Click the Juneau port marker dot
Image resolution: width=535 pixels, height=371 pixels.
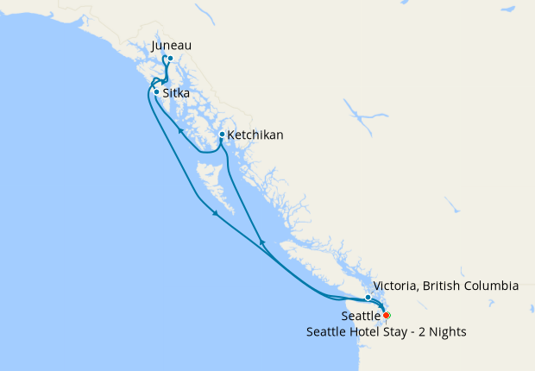pos(170,59)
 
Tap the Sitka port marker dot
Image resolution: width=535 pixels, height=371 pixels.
pos(156,91)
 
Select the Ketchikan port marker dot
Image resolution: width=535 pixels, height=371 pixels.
pos(222,135)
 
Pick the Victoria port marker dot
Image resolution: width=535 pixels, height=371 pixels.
pos(368,298)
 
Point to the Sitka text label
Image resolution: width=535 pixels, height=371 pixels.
pos(176,92)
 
